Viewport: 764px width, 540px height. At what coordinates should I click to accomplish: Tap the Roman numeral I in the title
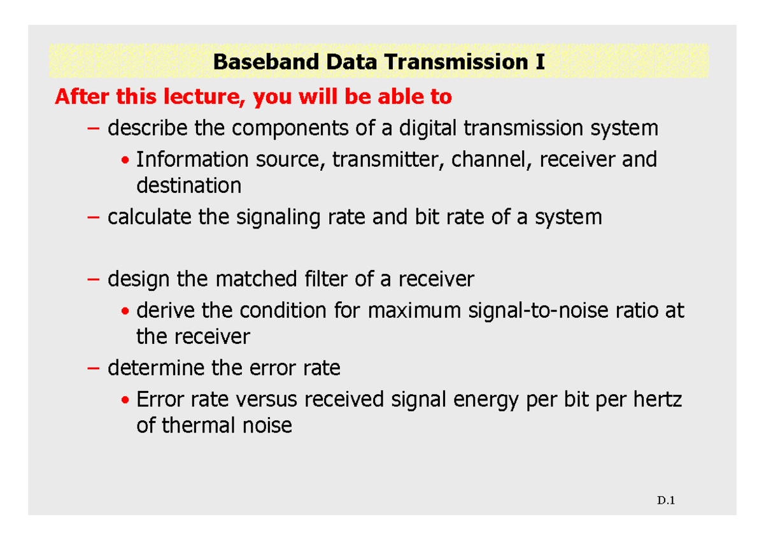tap(540, 62)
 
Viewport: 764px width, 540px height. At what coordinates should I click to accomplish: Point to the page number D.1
tap(666, 501)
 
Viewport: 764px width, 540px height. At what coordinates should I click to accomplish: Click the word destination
tap(189, 186)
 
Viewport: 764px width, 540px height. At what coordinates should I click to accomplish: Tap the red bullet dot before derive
tap(126, 311)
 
